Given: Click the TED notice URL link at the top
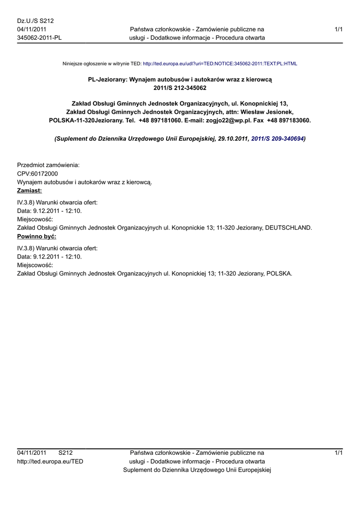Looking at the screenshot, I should pos(220,64).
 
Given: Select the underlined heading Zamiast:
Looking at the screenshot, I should pos(29,190).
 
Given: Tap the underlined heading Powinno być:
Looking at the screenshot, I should pos(36,236).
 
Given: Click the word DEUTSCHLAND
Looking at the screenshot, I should pos(288,228).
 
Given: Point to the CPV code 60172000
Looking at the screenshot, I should pos(44,173).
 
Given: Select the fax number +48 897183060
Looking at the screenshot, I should pos(289,120).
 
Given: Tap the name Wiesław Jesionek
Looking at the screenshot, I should pos(266,112).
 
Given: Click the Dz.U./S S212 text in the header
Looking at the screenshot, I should pos(35,21).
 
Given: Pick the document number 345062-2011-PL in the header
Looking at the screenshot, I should pos(39,38).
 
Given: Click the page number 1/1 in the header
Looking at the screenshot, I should pos(339,30).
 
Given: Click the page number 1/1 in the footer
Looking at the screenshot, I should pos(339,453).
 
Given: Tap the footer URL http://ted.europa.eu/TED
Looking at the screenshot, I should pos(50,461).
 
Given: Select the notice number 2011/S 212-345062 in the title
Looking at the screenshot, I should pos(180,87).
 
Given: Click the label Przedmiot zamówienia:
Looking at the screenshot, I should pos(49,165).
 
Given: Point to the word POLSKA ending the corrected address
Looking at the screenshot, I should pos(279,273).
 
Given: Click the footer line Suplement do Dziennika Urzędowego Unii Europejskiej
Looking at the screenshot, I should pos(197,470).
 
